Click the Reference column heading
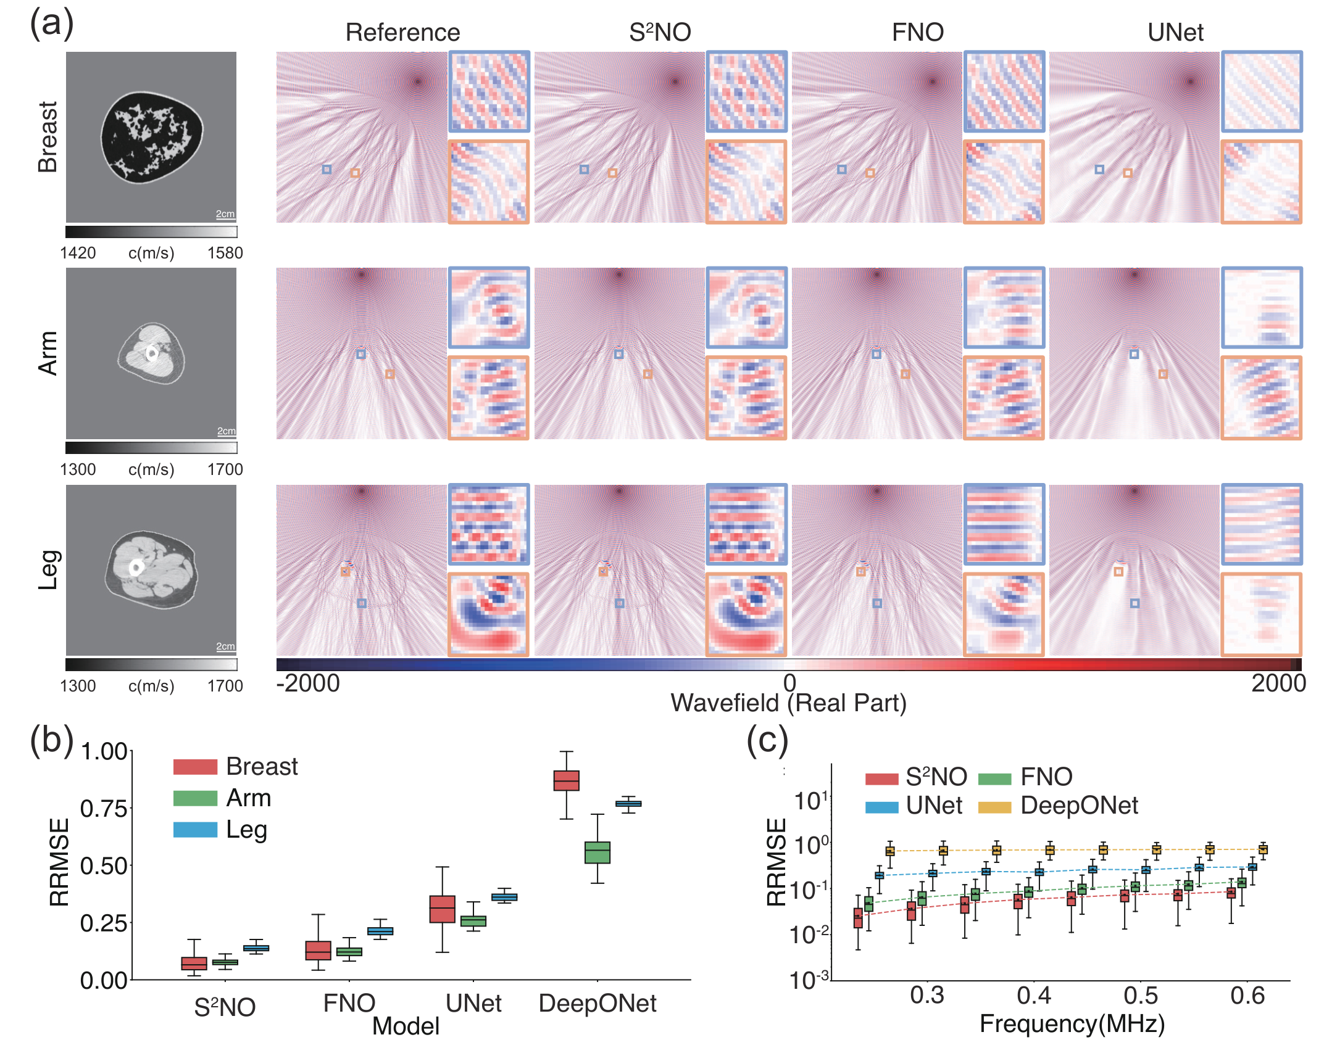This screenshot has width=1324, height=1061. (402, 32)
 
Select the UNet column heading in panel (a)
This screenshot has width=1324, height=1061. (1175, 32)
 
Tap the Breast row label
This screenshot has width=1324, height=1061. (48, 137)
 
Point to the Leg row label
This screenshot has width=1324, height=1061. (48, 569)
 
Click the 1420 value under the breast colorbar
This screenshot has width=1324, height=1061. (78, 253)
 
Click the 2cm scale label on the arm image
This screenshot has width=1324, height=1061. (226, 431)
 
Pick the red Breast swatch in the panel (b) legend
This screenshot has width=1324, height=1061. (195, 767)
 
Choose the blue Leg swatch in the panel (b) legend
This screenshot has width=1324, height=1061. (195, 830)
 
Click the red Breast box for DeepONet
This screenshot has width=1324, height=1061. (566, 780)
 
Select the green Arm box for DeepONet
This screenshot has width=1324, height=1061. (597, 853)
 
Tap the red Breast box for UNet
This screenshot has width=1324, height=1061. (442, 909)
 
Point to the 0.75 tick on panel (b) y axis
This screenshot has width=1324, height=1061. (104, 809)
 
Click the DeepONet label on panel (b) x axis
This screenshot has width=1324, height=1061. (597, 1004)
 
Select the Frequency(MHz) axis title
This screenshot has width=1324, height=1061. (1072, 1023)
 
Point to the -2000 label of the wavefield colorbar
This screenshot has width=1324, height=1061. (308, 683)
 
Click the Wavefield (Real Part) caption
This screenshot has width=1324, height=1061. (789, 703)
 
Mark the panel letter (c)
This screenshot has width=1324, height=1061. (767, 740)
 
